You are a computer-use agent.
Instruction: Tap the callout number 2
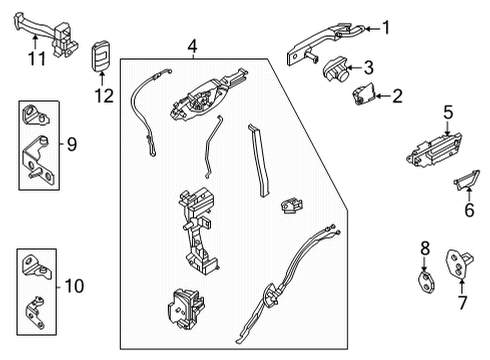[x=397, y=96]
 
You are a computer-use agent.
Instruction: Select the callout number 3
[x=369, y=68]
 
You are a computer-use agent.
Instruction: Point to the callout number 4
[x=192, y=45]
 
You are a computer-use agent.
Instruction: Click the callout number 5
[x=449, y=113]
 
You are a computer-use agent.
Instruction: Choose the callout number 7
[x=462, y=302]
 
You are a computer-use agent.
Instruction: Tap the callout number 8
[x=424, y=247]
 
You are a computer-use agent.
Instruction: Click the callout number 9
[x=70, y=144]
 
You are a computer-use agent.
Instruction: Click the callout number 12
[x=103, y=96]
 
